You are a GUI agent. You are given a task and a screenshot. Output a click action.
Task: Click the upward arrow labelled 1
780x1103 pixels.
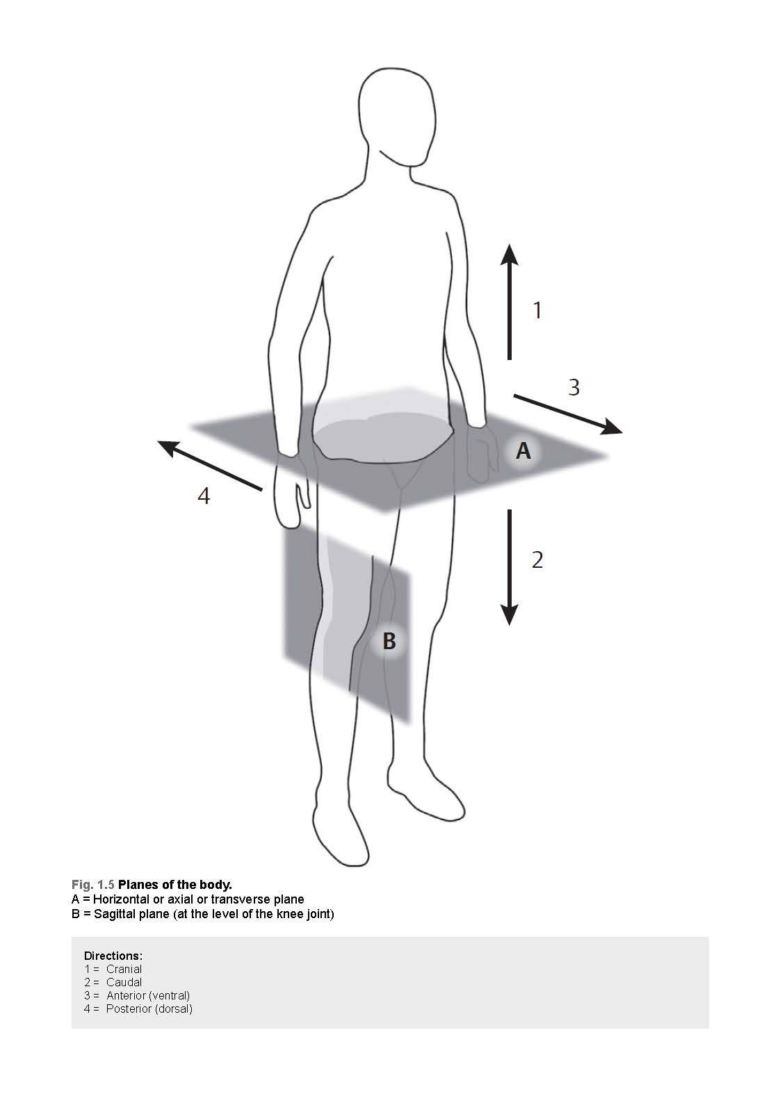509,302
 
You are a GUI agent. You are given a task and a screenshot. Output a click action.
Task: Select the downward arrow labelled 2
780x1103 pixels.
509,567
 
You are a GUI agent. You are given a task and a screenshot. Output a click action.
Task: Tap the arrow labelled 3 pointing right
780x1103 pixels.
568,414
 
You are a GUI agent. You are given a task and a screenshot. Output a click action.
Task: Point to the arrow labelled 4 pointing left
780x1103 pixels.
210,466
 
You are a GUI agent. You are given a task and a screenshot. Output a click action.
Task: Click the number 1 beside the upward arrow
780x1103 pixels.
538,310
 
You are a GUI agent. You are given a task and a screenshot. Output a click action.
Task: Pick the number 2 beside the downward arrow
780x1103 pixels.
537,560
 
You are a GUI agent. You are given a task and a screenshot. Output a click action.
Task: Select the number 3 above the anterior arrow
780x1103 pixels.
574,387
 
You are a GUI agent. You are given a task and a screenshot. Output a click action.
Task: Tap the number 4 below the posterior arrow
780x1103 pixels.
204,496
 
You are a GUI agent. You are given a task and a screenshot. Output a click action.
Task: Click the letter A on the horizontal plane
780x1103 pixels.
523,450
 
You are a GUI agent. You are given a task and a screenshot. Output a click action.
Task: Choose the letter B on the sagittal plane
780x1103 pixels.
389,641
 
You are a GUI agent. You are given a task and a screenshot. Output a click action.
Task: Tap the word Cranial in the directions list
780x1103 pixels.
124,969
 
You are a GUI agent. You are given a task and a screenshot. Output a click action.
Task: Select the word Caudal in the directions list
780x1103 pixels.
124,982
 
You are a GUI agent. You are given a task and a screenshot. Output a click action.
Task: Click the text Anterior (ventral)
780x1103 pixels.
148,996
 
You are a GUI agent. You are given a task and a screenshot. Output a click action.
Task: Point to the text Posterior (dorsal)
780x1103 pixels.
149,1008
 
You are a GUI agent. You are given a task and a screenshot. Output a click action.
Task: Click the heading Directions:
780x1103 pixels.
113,956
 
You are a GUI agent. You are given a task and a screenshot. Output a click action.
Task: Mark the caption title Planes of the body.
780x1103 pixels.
174,885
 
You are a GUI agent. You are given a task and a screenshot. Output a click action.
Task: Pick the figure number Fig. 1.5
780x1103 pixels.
92,885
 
